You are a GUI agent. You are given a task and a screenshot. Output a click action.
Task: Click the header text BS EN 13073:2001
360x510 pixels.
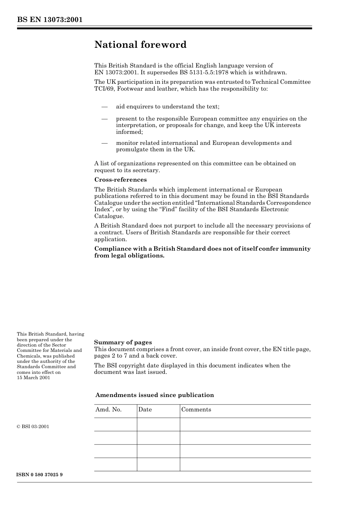tap(50, 20)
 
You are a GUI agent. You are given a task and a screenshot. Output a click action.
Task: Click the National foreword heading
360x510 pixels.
tap(140, 45)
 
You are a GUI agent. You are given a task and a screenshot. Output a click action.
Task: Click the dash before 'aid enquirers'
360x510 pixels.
tap(105, 107)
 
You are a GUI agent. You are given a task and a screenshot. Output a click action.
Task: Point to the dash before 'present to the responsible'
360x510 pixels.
tap(105, 119)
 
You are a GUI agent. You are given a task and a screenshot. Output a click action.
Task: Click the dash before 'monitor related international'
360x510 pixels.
tap(105, 143)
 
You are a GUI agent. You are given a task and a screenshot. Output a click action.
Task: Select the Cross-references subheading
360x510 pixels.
tap(120, 180)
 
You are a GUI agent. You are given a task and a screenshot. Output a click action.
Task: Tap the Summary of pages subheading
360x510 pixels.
tap(123, 342)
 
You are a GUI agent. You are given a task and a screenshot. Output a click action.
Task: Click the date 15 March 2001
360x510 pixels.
tap(33, 378)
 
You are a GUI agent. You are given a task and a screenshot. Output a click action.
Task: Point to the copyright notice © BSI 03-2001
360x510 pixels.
tap(33, 427)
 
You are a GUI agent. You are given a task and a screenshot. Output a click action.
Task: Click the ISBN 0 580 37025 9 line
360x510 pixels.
tap(40, 475)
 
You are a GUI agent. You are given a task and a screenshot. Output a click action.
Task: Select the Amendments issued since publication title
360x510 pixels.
tap(155, 395)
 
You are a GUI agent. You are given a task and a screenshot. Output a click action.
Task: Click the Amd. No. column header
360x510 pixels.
tap(108, 410)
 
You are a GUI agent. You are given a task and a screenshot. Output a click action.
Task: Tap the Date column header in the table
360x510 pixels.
tap(145, 410)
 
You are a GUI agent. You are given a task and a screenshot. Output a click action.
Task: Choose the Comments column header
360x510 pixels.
tap(196, 410)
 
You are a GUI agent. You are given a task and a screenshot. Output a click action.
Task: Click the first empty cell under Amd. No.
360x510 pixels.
tap(116, 425)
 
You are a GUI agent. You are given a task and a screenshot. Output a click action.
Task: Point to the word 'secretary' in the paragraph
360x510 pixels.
tap(146, 170)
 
